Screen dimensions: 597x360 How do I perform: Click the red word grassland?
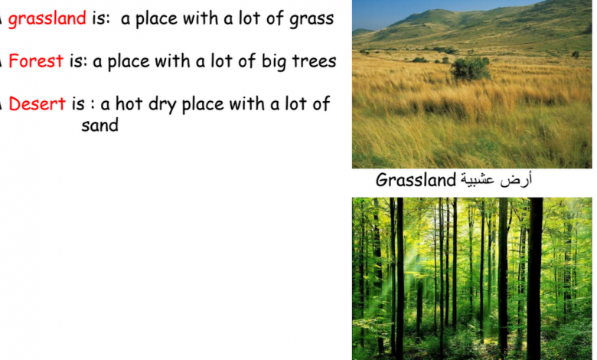47,19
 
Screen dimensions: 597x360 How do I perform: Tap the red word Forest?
36,61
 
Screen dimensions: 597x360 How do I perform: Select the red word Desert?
37,103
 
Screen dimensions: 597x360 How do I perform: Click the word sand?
99,125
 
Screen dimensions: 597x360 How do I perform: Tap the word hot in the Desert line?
129,103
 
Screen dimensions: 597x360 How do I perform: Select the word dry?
162,104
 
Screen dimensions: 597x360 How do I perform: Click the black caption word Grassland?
416,180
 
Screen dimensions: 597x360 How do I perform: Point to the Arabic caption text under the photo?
496,179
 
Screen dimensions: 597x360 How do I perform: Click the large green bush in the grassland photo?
470,69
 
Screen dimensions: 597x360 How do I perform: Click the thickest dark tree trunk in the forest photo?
535,278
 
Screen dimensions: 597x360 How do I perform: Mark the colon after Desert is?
93,104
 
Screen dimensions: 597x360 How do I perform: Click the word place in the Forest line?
129,62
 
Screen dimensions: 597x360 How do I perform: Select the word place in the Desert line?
203,104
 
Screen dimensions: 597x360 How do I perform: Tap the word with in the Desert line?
246,103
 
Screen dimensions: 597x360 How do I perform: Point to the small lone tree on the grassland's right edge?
576,55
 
